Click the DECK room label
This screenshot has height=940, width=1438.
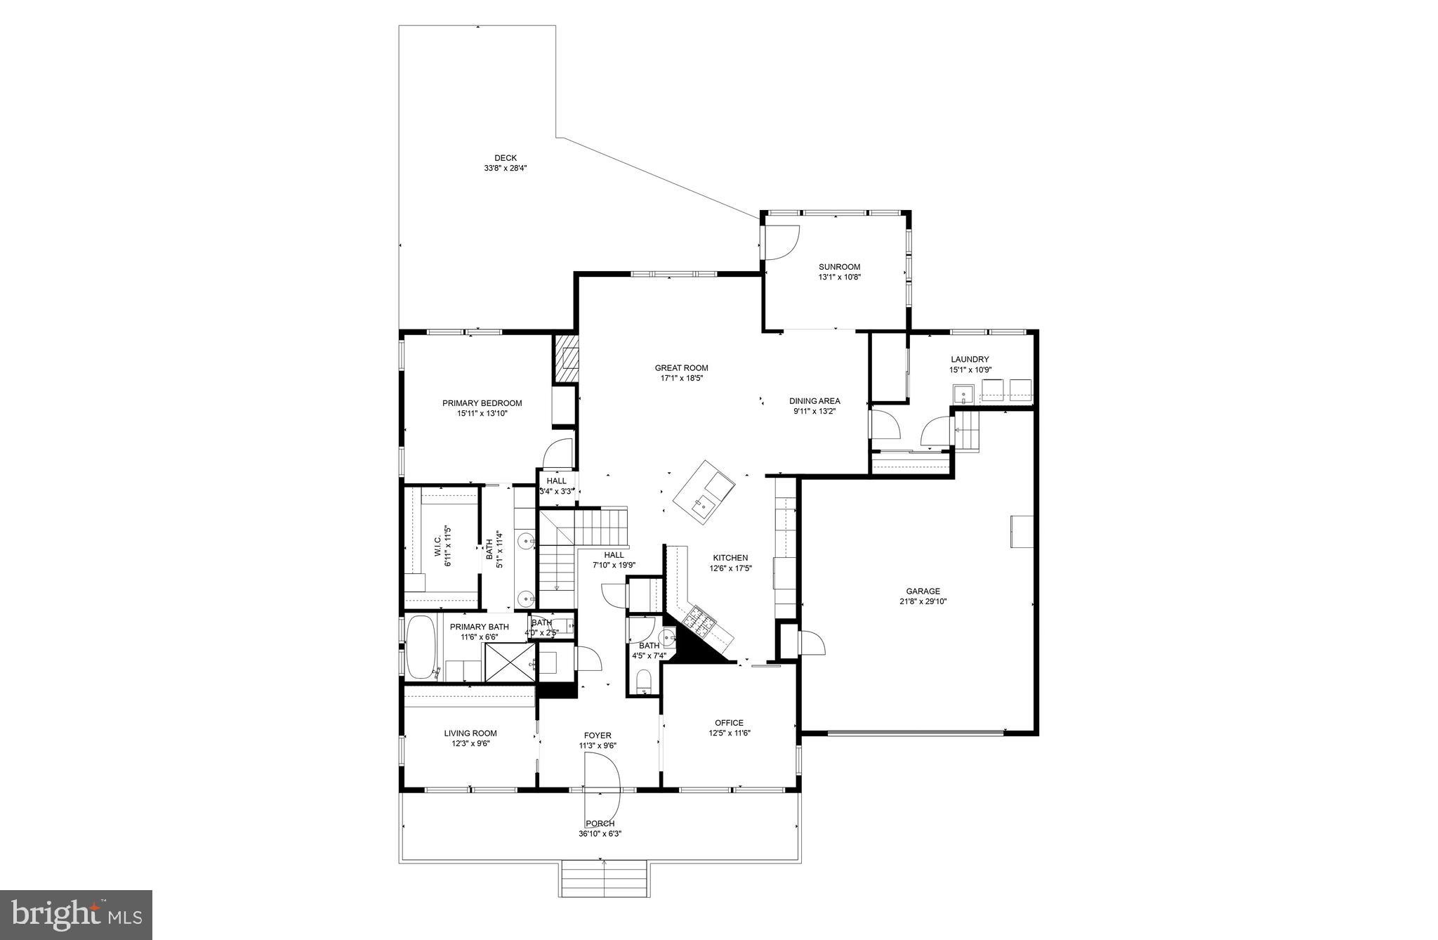point(505,158)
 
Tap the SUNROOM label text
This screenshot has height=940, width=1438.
point(839,267)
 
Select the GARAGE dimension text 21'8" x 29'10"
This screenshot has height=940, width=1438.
point(922,601)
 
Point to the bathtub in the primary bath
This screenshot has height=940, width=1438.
point(421,648)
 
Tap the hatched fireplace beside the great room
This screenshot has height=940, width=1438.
point(566,358)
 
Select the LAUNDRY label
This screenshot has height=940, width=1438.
point(970,359)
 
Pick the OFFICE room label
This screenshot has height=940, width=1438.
point(729,723)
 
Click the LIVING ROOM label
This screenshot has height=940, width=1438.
point(470,733)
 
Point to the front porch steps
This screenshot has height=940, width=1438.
point(604,878)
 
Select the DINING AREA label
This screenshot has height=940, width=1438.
point(814,401)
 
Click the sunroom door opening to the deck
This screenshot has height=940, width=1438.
point(781,242)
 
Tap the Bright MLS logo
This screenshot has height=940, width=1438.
point(77,915)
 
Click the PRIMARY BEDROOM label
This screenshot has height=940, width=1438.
point(482,403)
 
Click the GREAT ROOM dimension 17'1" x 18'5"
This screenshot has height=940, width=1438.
point(681,378)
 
